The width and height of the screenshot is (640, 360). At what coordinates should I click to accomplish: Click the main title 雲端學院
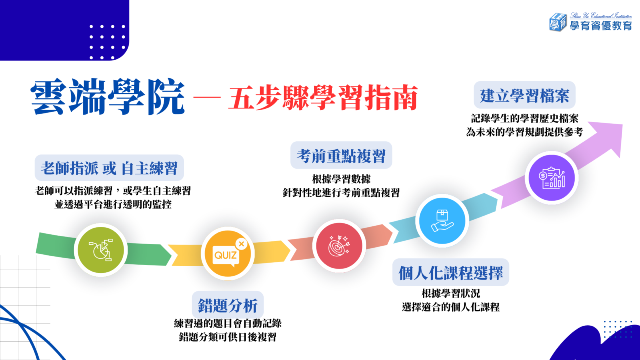108,97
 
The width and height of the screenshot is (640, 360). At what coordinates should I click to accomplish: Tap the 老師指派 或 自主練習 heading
109,168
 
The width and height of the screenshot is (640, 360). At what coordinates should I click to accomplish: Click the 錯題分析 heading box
228,305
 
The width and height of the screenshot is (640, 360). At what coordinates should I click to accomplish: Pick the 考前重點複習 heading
341,156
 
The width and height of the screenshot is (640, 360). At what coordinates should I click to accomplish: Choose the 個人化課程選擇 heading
451,273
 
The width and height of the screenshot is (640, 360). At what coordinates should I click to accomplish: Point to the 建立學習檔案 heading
524,96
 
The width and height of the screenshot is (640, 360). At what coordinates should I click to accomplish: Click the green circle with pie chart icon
101,250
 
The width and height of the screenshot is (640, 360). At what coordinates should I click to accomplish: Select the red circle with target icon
339,246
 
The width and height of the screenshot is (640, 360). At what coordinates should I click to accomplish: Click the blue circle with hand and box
442,221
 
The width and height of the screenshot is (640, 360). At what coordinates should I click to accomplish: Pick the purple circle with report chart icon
552,178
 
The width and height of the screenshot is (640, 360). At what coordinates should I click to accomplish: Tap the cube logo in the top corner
558,22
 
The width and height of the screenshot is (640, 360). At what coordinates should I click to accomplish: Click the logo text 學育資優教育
601,26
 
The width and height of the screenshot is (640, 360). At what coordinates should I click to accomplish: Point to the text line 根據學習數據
341,179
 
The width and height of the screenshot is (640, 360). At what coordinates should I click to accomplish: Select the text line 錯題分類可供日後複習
228,337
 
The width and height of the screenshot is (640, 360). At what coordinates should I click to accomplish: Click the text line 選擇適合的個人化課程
451,307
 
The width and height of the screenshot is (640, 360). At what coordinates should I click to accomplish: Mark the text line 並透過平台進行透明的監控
113,204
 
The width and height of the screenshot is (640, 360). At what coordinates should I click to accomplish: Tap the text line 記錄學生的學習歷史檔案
524,118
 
